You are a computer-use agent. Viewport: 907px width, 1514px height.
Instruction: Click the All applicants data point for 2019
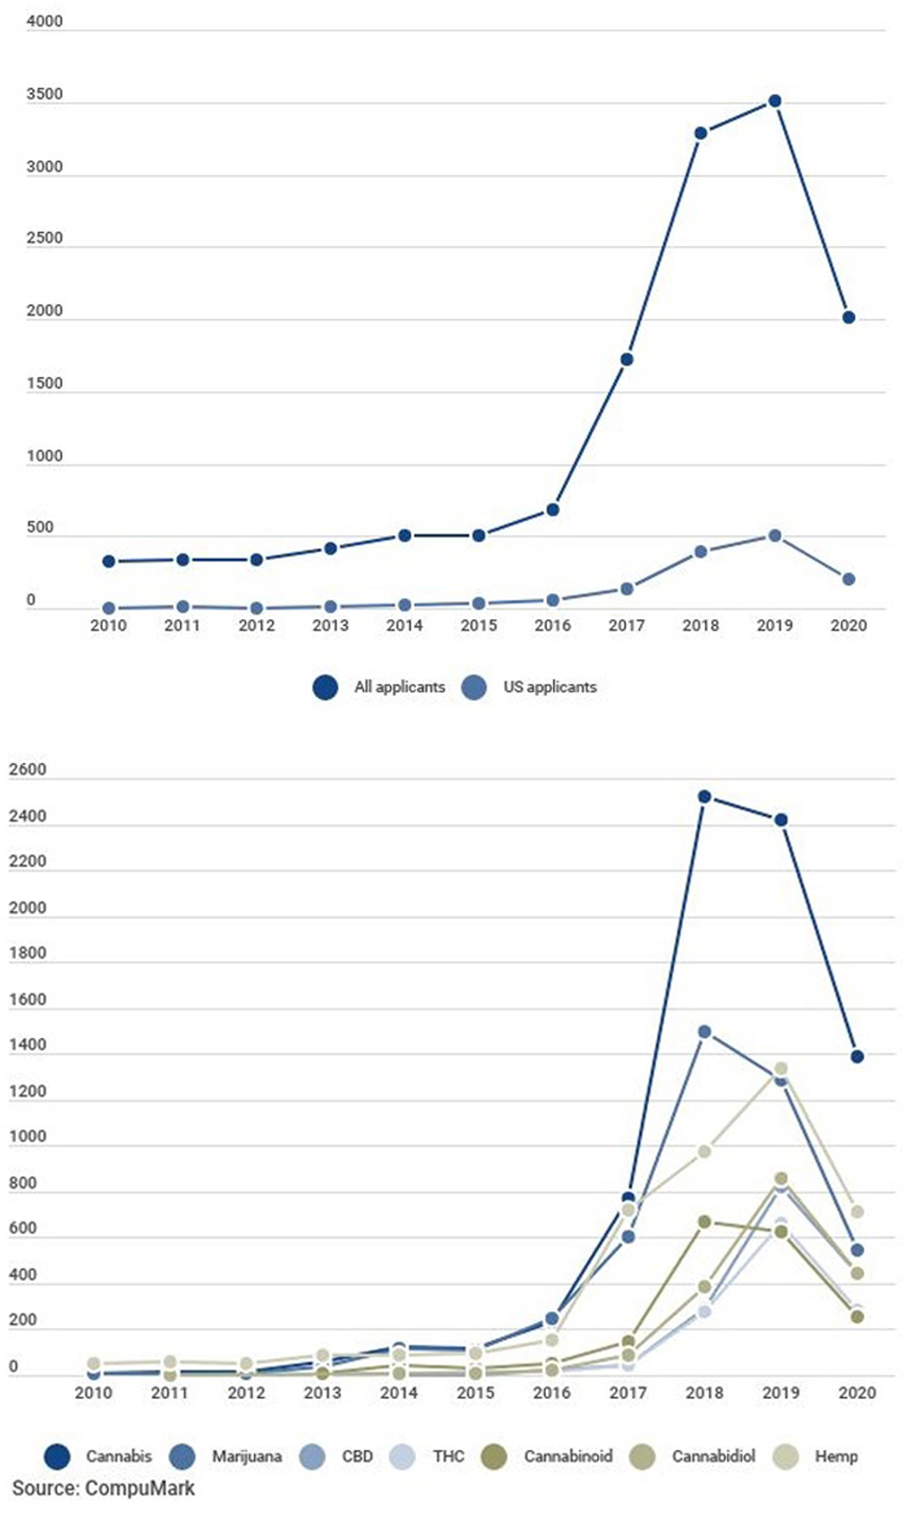click(775, 101)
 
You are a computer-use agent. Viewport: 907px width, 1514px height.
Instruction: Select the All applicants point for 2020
click(849, 318)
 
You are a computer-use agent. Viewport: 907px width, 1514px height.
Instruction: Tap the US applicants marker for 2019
click(775, 536)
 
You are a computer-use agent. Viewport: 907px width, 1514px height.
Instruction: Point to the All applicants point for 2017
click(626, 359)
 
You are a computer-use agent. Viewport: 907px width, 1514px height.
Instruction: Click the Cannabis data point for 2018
click(704, 797)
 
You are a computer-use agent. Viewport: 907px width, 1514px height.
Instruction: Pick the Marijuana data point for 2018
click(704, 1031)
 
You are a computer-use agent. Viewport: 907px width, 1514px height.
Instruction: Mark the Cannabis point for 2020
click(857, 1057)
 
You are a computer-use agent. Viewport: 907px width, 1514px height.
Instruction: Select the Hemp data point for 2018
click(704, 1152)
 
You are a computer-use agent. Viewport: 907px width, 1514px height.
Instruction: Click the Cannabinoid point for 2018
click(704, 1222)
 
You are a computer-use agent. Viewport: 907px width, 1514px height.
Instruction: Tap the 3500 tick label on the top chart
click(45, 95)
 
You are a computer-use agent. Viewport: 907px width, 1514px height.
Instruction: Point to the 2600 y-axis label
click(28, 770)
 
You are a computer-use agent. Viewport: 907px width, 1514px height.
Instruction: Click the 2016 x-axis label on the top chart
click(552, 626)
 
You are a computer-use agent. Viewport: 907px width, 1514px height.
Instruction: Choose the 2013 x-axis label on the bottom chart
click(322, 1392)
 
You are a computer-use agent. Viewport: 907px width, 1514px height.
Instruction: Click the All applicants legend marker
click(325, 687)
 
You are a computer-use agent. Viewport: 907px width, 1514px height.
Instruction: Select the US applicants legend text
click(550, 687)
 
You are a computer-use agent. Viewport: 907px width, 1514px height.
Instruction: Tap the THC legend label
click(449, 1456)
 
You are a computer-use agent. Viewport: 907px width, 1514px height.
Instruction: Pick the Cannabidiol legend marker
click(642, 1456)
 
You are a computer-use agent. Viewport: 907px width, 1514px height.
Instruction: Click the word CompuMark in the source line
click(140, 1488)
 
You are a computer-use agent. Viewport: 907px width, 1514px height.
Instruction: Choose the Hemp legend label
click(836, 1456)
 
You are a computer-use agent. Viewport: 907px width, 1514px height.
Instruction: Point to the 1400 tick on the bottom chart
click(28, 1045)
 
